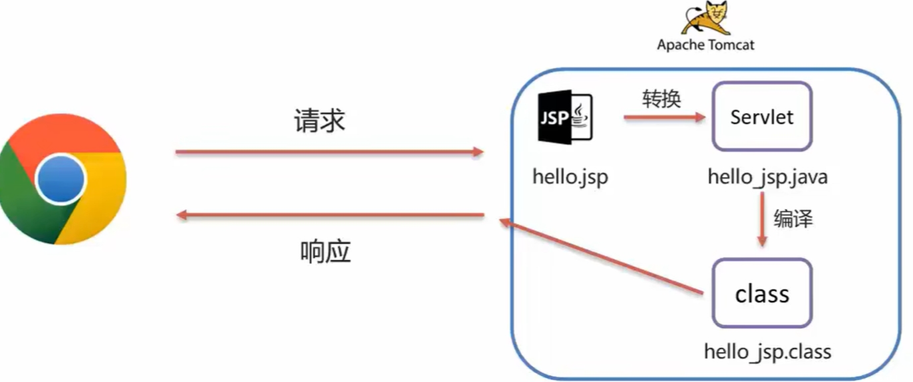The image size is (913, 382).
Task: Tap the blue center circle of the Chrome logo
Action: (x=61, y=180)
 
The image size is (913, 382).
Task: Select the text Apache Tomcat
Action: (x=706, y=45)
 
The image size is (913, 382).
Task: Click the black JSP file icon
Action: (x=565, y=118)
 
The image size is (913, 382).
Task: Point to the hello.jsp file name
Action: (x=570, y=177)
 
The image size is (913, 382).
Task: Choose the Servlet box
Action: (x=762, y=117)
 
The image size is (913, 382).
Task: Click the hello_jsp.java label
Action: (x=767, y=177)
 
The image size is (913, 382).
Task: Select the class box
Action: (x=762, y=293)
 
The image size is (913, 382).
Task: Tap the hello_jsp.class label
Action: (x=767, y=351)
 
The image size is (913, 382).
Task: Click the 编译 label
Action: (x=793, y=218)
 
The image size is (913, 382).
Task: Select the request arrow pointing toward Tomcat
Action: (x=329, y=152)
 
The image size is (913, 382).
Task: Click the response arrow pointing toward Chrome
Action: (x=329, y=215)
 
